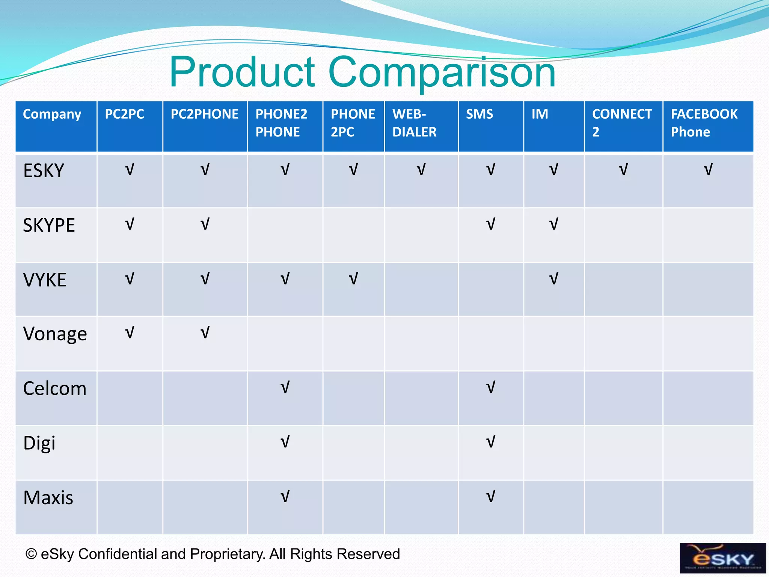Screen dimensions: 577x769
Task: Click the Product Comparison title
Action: point(362,72)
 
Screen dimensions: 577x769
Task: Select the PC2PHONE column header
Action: point(205,114)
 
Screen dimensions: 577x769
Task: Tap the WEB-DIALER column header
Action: point(415,123)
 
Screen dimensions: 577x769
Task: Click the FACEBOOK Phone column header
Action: point(704,123)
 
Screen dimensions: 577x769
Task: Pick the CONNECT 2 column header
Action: point(622,123)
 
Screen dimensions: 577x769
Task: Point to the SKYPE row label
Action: point(49,225)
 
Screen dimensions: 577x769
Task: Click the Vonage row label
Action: point(55,334)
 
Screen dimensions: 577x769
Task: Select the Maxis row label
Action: point(48,498)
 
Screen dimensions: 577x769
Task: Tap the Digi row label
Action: point(39,443)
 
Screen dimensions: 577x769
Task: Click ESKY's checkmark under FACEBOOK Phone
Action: point(708,170)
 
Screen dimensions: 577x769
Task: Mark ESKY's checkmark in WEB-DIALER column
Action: point(421,170)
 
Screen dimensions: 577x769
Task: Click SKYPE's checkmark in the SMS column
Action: point(490,224)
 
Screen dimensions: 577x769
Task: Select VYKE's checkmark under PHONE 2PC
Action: point(353,279)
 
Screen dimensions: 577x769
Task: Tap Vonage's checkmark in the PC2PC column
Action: point(130,333)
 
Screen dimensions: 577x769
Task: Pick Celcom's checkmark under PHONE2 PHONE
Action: point(285,387)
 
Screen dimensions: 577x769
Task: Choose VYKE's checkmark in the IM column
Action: point(553,279)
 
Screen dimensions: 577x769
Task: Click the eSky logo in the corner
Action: point(722,558)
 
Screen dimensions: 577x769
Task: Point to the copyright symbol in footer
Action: point(31,554)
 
